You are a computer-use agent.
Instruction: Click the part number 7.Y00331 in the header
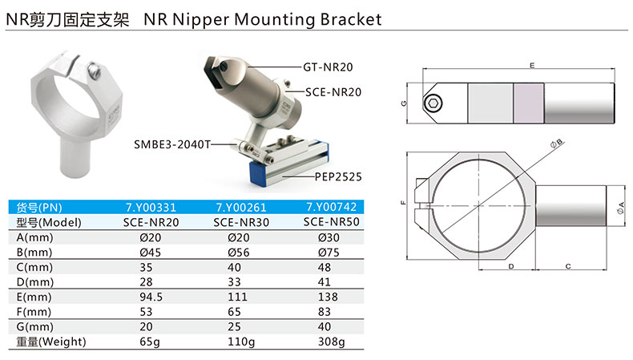(x=151, y=208)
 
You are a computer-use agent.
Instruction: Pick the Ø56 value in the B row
(x=239, y=252)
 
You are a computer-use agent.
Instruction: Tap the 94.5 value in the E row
(x=151, y=297)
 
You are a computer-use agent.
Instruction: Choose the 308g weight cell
(x=332, y=342)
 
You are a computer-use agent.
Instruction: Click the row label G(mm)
(x=34, y=326)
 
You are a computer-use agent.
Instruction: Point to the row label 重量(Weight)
(x=51, y=342)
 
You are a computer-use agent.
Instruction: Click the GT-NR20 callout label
(x=328, y=67)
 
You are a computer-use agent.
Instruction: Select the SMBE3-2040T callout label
(x=172, y=144)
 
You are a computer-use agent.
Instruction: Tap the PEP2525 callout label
(x=338, y=176)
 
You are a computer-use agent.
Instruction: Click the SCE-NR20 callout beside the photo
(x=333, y=92)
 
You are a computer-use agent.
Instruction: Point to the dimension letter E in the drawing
(x=532, y=66)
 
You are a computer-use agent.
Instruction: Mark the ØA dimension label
(x=621, y=208)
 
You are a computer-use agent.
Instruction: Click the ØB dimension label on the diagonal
(x=557, y=144)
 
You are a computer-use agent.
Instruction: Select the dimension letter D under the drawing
(x=511, y=266)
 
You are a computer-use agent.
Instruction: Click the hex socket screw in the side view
(x=433, y=103)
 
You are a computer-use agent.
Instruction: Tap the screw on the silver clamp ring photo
(x=95, y=70)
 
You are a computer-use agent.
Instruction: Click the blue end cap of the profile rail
(x=261, y=173)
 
